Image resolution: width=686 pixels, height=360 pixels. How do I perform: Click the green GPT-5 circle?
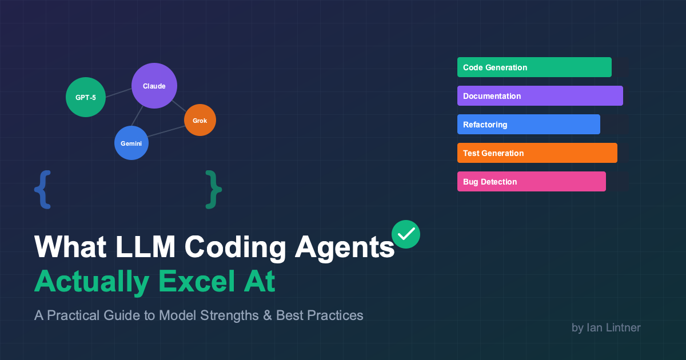point(86,97)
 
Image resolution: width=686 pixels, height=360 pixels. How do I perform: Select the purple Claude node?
point(154,86)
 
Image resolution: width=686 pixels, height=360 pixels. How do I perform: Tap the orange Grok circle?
point(200,120)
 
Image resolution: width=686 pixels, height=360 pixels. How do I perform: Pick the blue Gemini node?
point(131,143)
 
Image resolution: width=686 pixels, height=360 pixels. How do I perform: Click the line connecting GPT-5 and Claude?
point(118,93)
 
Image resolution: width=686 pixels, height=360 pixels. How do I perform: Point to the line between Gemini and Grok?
point(166,131)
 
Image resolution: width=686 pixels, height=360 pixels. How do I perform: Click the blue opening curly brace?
point(42,190)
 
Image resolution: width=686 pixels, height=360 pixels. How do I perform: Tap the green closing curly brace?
point(213,190)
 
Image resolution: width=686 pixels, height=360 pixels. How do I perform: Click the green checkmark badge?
point(406,234)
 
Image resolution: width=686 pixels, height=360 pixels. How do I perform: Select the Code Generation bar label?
point(495,67)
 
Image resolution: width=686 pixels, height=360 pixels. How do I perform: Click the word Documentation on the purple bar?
point(492,96)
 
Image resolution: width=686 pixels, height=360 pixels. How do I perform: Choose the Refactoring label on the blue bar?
point(485,125)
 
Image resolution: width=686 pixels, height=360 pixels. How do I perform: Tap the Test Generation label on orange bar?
point(493,153)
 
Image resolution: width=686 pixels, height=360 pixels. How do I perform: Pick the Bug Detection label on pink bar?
point(490,182)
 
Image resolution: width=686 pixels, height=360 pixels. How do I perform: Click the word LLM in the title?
point(145,247)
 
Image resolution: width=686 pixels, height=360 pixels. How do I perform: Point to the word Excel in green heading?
point(197,281)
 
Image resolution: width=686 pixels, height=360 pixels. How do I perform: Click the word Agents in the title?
point(345,248)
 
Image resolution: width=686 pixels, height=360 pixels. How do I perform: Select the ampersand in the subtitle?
point(268,315)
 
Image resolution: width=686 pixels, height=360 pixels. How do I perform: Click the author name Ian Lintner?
point(613,327)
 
